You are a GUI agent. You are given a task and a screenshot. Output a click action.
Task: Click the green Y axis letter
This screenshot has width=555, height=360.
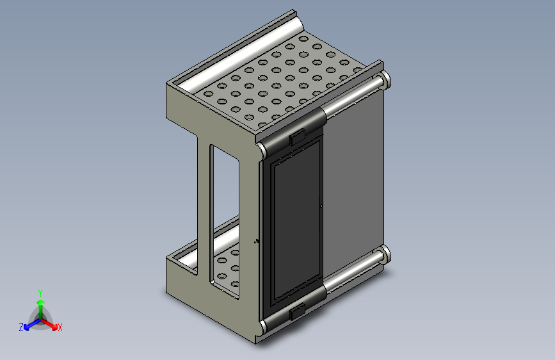[40, 293]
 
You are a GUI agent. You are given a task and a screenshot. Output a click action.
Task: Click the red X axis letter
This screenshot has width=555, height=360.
[60, 327]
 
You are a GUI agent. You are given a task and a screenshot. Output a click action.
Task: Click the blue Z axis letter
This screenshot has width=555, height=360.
[21, 327]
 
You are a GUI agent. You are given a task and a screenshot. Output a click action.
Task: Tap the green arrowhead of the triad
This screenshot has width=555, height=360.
[41, 302]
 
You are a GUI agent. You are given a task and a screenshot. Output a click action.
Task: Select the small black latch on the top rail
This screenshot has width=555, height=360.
[297, 138]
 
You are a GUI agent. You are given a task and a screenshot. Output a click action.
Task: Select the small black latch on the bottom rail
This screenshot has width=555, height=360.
[297, 311]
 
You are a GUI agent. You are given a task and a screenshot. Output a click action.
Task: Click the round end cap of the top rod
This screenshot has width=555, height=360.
[385, 80]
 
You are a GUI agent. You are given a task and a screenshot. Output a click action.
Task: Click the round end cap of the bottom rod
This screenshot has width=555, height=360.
[385, 254]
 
